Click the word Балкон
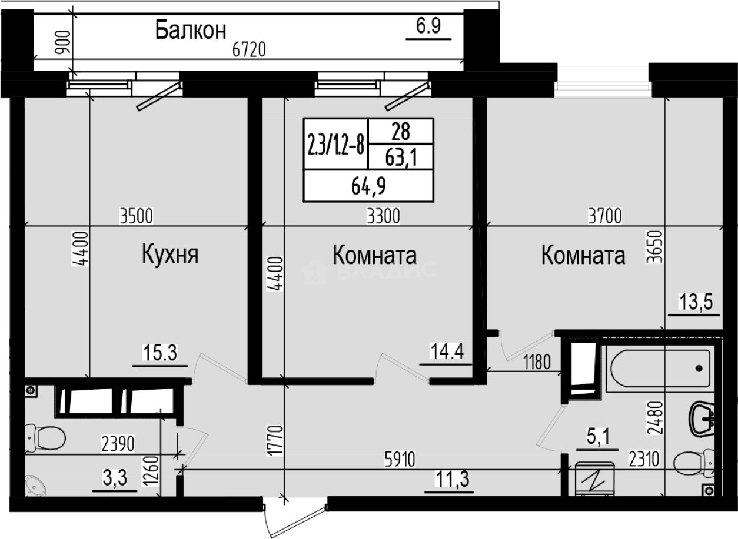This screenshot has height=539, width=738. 191,30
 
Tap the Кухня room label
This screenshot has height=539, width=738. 169,255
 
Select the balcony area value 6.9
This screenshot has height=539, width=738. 428,27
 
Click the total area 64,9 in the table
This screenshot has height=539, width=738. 368,188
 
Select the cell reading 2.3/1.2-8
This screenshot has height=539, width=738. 334,144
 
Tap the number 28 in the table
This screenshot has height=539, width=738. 400,130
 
